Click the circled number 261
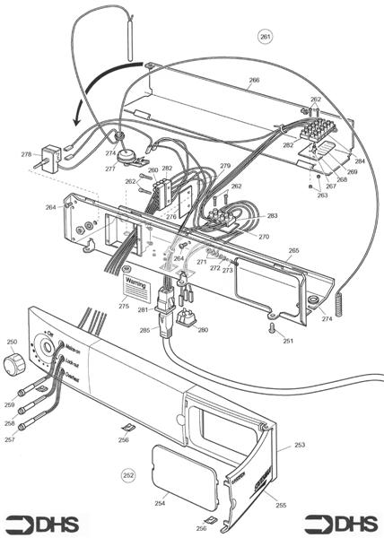(x=265, y=37)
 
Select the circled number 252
(x=129, y=474)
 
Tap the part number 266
(x=254, y=81)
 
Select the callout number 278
(x=26, y=155)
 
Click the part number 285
(x=145, y=330)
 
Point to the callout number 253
(x=300, y=445)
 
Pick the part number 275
(x=124, y=307)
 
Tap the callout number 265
(x=293, y=251)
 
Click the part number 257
(x=11, y=439)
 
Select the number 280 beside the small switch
(x=203, y=331)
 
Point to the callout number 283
(x=272, y=216)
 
